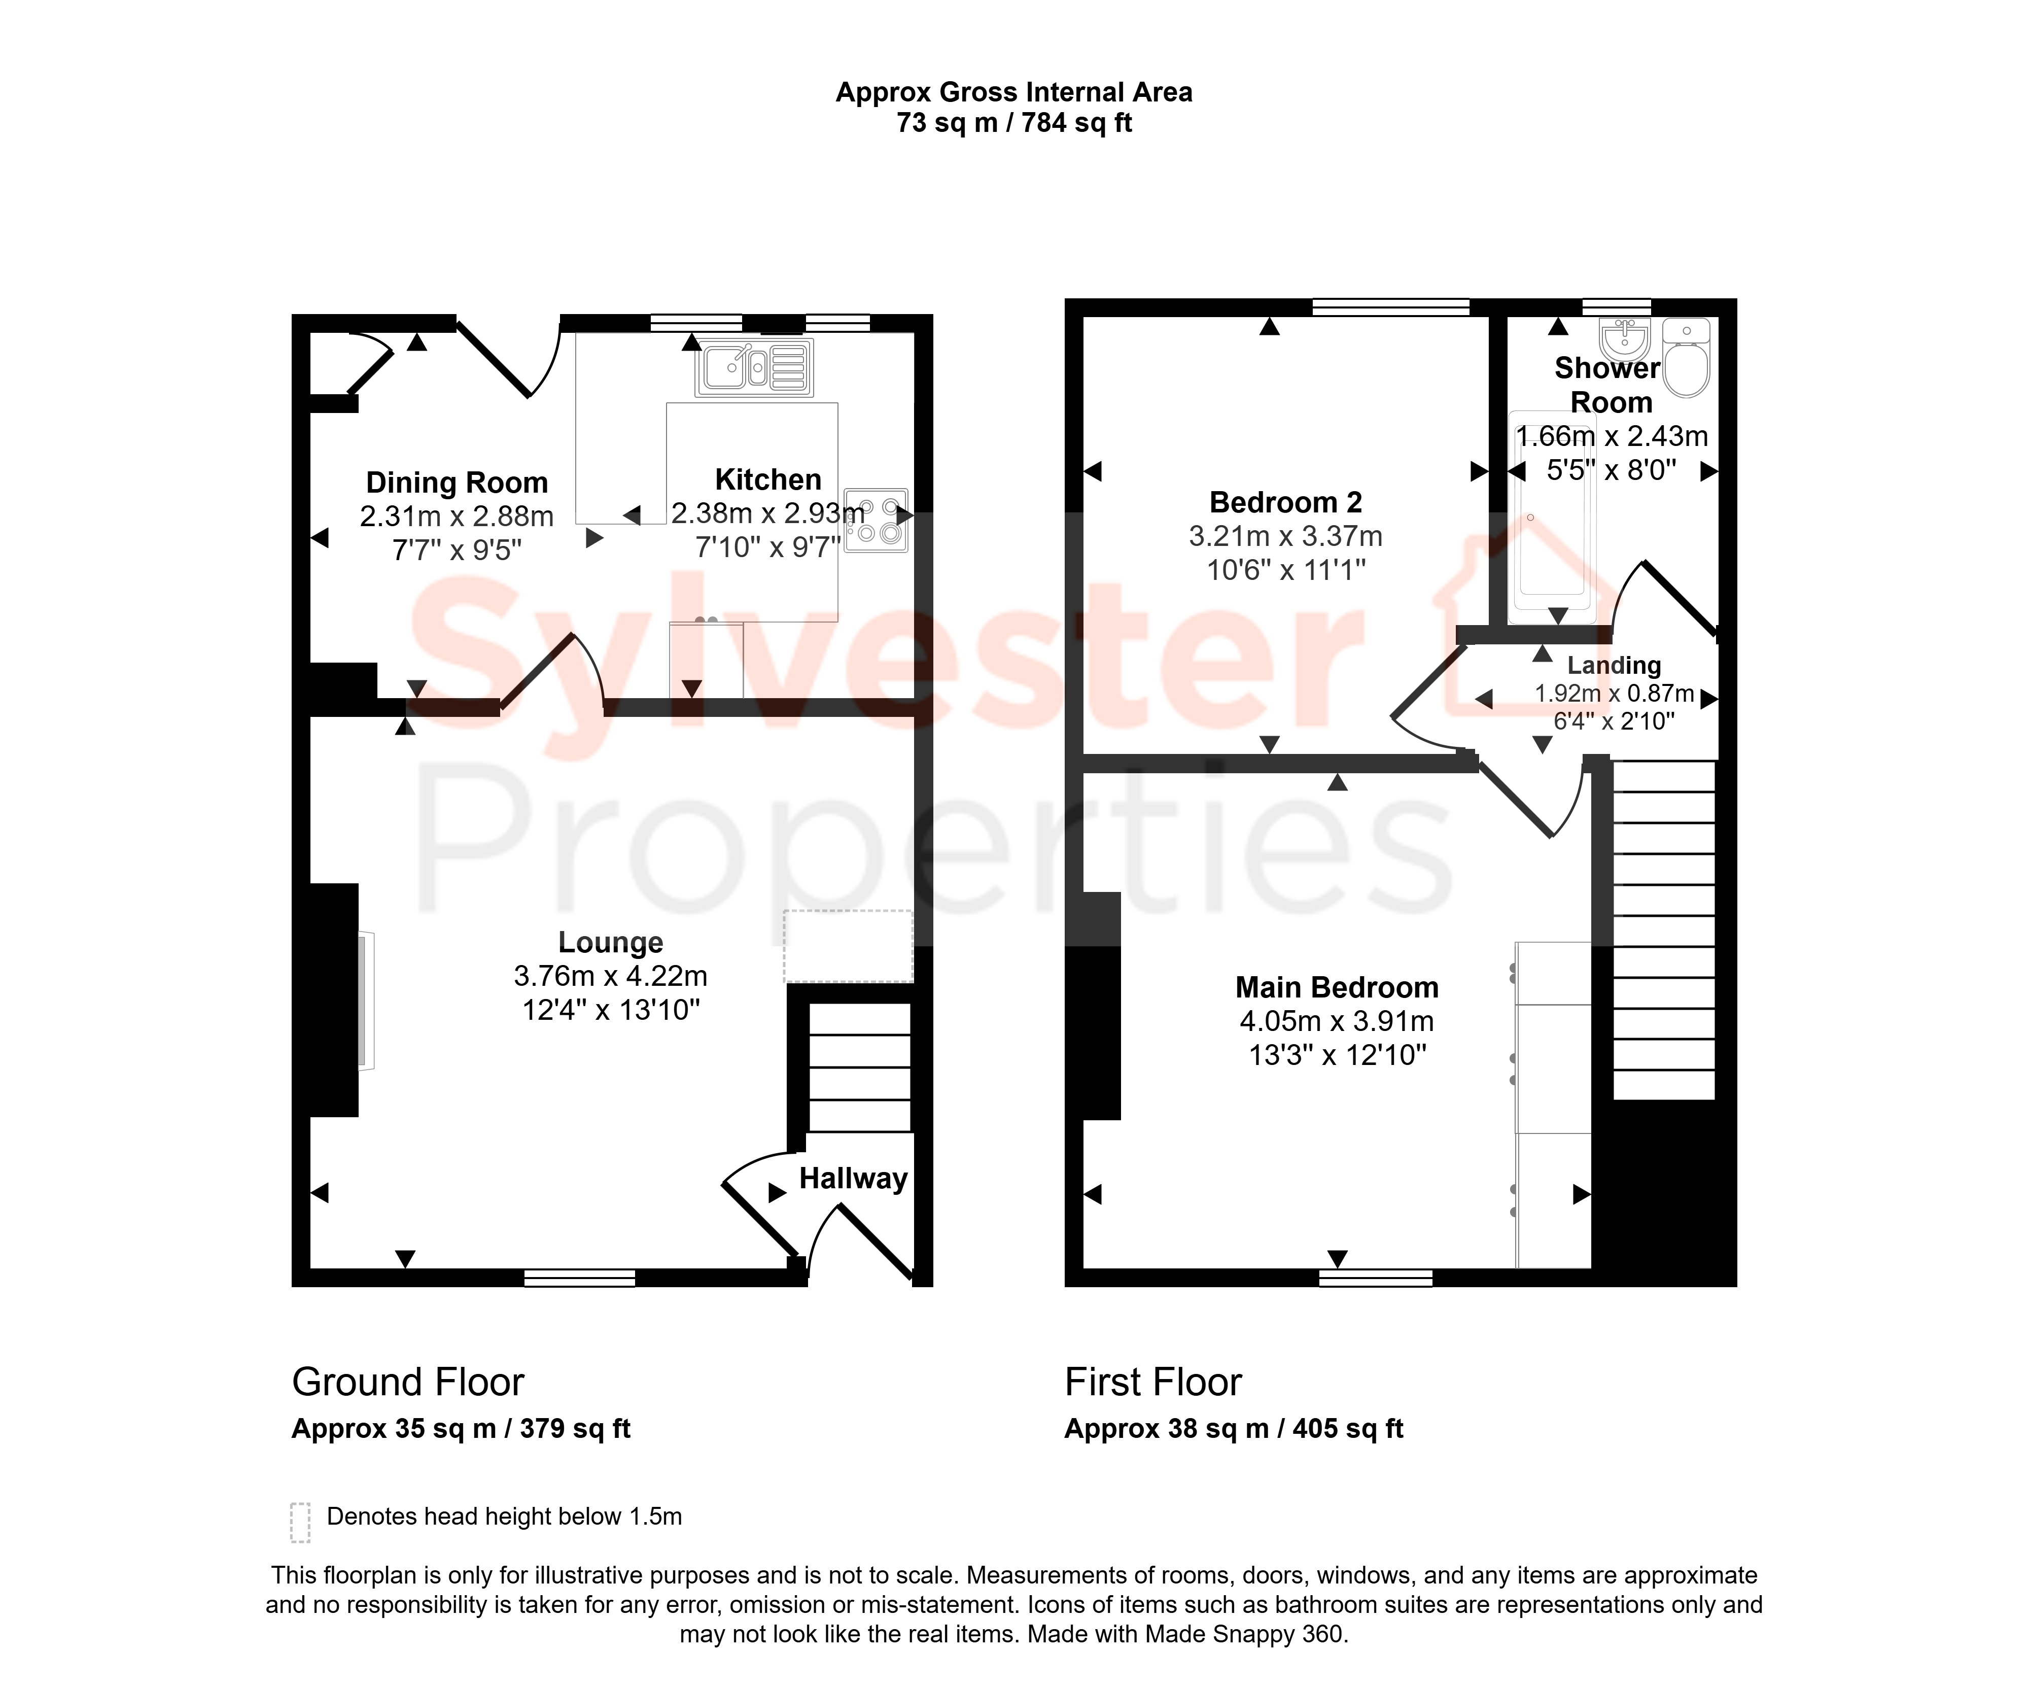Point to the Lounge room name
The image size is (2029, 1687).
[611, 942]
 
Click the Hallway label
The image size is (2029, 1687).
[853, 1179]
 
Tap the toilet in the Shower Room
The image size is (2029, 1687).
[1686, 358]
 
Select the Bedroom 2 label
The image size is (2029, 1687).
[1286, 502]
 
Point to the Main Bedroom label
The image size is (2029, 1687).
[1337, 987]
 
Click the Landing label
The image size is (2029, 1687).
[1614, 666]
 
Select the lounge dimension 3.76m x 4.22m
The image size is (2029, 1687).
[611, 976]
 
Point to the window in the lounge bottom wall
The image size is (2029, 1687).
[580, 1278]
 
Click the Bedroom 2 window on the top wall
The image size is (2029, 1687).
[1390, 307]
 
